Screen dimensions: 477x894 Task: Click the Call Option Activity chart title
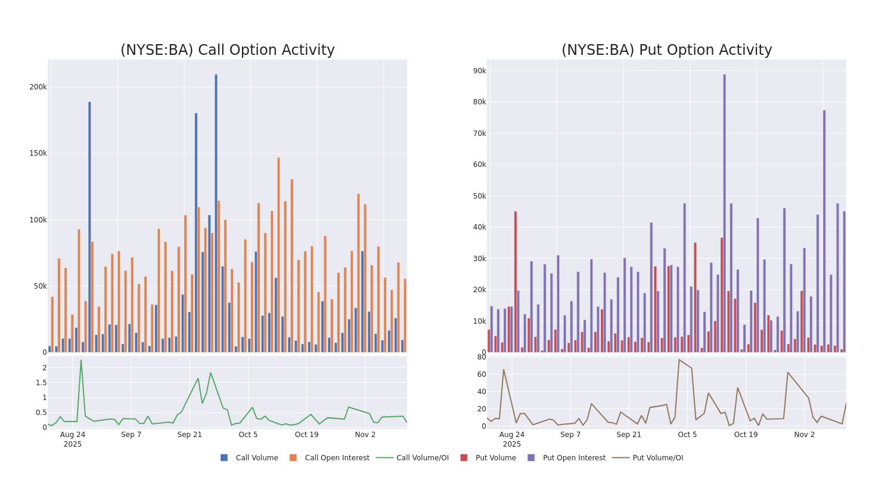[x=227, y=50]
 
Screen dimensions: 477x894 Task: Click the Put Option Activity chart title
[x=666, y=50]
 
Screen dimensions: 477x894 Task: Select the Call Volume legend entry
[x=249, y=458]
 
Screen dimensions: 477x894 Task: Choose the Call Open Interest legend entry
[x=329, y=458]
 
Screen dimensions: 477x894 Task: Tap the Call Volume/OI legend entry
[x=412, y=458]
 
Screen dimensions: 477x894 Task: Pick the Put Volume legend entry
[x=488, y=458]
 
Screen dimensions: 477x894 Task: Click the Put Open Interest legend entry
[x=566, y=458]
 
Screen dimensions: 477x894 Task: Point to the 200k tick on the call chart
[x=38, y=87]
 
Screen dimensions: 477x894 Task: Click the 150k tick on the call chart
[x=38, y=153]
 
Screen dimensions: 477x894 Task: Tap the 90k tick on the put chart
[x=480, y=71]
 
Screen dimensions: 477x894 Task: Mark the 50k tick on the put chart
[x=480, y=196]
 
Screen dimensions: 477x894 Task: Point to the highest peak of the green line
[x=81, y=360]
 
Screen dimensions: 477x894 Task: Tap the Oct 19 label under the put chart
[x=746, y=435]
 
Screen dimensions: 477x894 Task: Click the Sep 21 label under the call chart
[x=190, y=435]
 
